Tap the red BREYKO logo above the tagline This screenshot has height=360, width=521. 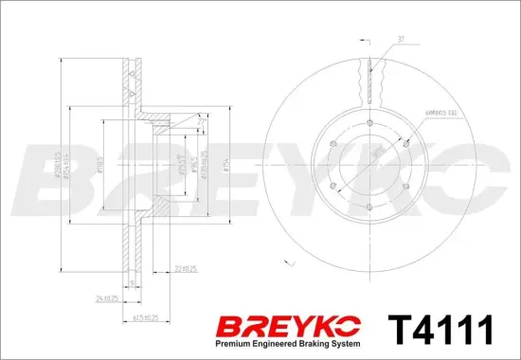click(289, 326)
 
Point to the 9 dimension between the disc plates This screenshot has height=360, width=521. click(130, 281)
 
